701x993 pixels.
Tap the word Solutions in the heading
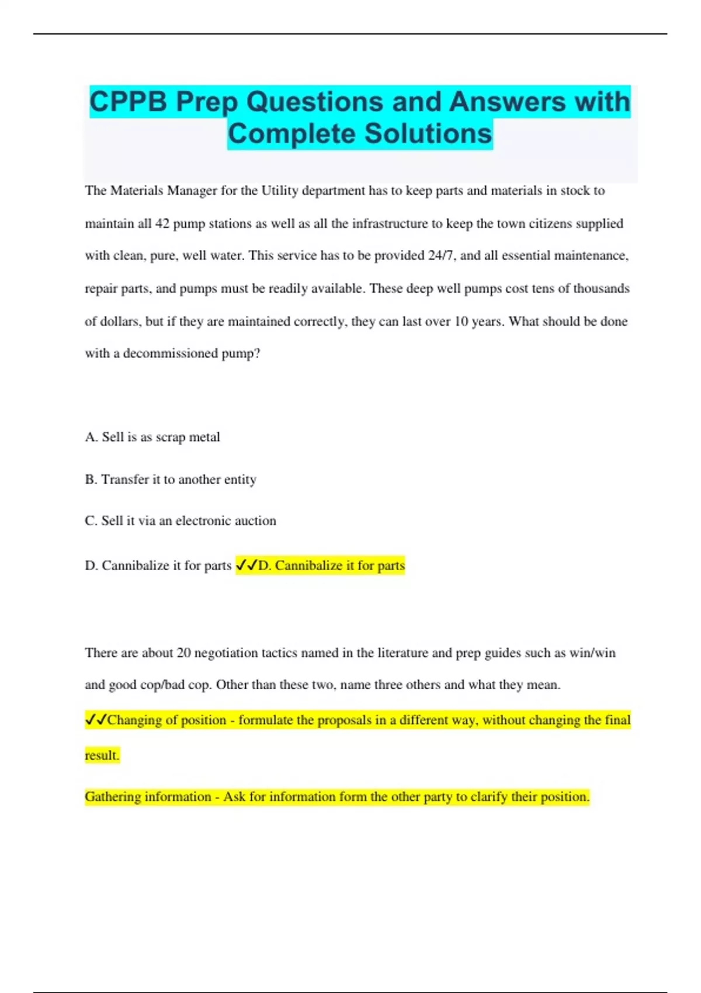point(429,134)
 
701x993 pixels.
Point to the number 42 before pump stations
point(162,224)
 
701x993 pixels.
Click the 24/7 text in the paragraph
point(442,256)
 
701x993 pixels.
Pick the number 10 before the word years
point(461,321)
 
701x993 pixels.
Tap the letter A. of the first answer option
point(91,437)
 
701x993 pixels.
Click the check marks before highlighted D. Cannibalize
point(247,565)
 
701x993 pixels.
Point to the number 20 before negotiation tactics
point(183,653)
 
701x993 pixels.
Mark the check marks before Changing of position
point(96,720)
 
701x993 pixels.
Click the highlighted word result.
point(102,756)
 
